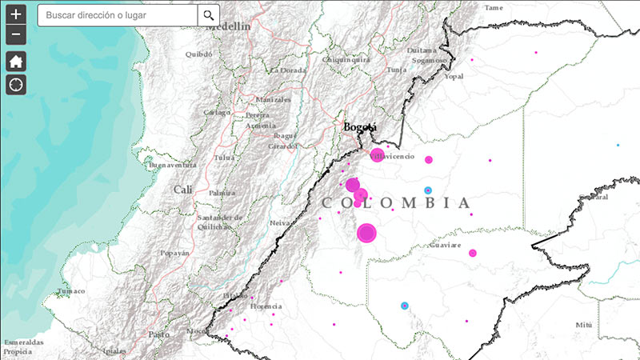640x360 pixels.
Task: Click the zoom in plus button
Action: click(17, 14)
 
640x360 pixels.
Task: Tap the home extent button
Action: click(17, 61)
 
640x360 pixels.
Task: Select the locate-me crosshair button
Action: click(17, 85)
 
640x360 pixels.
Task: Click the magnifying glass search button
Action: click(209, 15)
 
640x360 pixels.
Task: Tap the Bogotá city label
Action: click(360, 127)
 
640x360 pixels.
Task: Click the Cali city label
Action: click(183, 190)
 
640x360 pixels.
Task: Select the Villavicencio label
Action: click(392, 156)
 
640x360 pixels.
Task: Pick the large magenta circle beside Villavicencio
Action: click(377, 154)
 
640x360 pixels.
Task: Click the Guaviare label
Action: click(445, 245)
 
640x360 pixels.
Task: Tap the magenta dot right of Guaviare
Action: click(473, 253)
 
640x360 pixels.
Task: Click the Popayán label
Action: click(174, 253)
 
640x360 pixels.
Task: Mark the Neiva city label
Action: click(280, 223)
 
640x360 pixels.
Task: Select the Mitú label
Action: click(583, 325)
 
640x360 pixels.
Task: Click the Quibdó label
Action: click(198, 54)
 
